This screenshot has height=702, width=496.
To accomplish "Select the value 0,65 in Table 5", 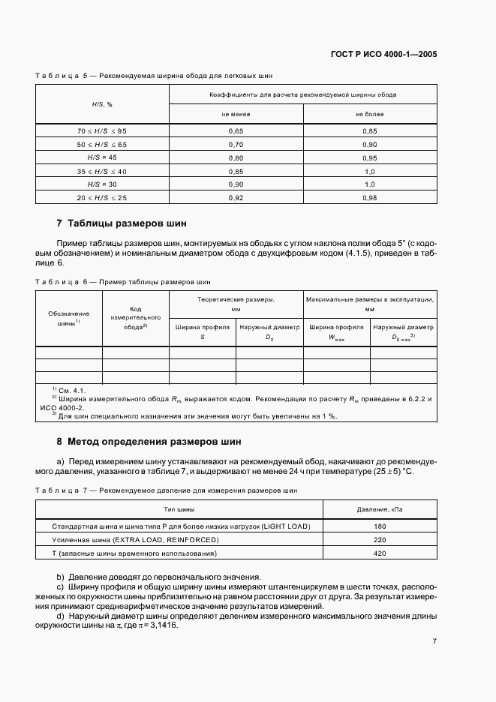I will [x=236, y=130].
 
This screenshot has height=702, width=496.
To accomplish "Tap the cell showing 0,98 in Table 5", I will [x=369, y=197].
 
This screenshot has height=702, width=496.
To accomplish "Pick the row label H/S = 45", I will [x=103, y=157].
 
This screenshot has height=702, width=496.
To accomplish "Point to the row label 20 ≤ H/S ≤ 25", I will [x=103, y=197].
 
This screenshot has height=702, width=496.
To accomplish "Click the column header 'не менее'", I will [x=236, y=114].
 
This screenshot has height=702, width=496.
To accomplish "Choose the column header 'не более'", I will [x=369, y=114].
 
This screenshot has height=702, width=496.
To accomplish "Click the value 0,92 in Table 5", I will [x=236, y=197].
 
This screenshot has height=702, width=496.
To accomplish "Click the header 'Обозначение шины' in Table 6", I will [x=69, y=319].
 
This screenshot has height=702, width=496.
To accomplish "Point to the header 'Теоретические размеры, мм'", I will [x=236, y=303].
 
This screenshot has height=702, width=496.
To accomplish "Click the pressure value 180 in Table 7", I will [x=379, y=526].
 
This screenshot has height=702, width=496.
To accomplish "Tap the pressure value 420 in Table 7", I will [x=379, y=553].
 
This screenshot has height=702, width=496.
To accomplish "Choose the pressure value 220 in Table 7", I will [x=379, y=540].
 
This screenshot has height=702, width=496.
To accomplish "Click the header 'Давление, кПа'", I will [x=379, y=509].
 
